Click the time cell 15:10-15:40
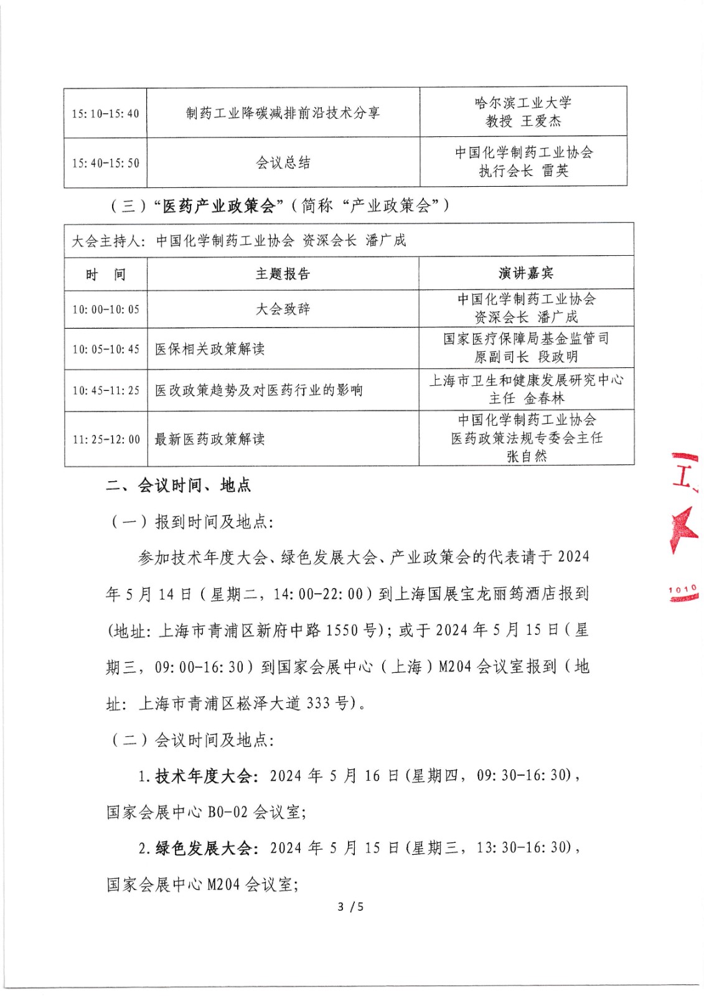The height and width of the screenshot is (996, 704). click(105, 113)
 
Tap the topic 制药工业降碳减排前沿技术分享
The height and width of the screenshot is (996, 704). click(283, 113)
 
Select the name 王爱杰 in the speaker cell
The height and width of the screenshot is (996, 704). click(541, 121)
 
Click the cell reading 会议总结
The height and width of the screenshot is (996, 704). click(283, 162)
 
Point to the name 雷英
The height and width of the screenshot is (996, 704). click(555, 171)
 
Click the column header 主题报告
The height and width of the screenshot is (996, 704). click(283, 273)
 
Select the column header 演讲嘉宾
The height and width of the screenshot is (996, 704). click(526, 273)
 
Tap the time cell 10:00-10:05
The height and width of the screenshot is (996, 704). click(106, 309)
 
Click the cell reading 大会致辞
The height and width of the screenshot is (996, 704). click(283, 309)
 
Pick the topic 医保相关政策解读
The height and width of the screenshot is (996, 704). click(210, 349)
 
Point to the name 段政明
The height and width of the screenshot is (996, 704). click(558, 357)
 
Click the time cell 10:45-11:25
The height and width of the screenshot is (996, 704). click(106, 390)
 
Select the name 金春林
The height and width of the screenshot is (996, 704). click(544, 398)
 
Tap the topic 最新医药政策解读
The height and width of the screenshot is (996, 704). click(210, 439)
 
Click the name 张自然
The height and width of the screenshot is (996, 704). click(527, 456)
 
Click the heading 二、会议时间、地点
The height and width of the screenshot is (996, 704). click(179, 486)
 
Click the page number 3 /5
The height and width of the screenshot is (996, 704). click(350, 907)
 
